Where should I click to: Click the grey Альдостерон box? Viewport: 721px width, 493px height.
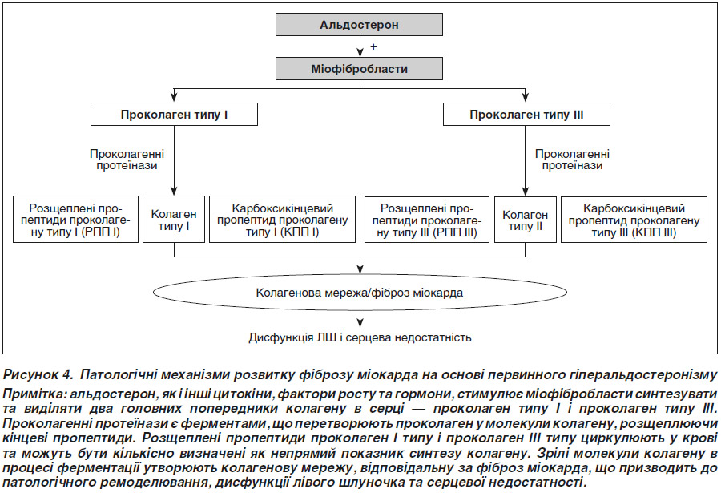[359, 24]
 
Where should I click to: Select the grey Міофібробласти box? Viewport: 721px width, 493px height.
[359, 69]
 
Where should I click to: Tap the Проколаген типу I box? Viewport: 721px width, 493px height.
[174, 114]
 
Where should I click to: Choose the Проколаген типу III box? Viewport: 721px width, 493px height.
[526, 114]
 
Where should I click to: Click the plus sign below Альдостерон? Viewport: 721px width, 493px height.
[373, 46]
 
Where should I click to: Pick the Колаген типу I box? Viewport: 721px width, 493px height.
[174, 220]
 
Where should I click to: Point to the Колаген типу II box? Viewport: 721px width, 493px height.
[525, 220]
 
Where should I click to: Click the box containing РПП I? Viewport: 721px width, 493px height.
[75, 220]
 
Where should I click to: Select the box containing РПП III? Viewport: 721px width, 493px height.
[427, 220]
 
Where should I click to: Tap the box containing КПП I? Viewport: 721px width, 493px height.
[282, 220]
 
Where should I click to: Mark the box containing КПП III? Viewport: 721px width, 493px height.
[634, 220]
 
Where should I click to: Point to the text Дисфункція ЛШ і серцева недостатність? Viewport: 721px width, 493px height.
[360, 337]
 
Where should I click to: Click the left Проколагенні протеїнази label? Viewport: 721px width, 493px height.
[127, 160]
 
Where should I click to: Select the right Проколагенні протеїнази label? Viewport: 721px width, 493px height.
[572, 160]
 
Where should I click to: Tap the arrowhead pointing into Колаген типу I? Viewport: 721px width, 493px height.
[174, 191]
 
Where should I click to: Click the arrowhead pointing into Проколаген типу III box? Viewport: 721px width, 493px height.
[525, 97]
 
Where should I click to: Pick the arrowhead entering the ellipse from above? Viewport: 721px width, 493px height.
[360, 269]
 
